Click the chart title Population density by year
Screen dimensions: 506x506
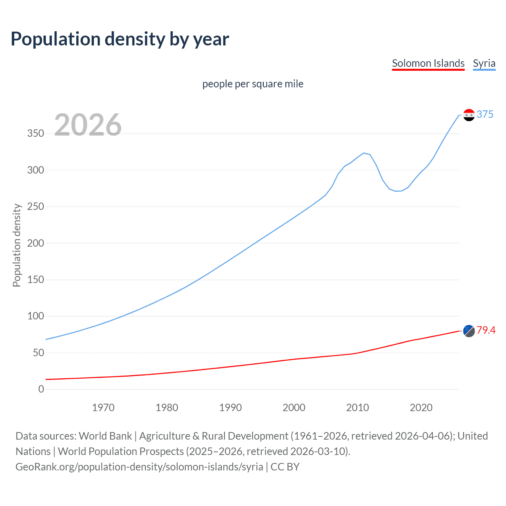[120, 39]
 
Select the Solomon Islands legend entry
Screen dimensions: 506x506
[428, 63]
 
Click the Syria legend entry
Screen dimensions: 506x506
[484, 63]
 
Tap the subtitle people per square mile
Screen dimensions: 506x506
[253, 84]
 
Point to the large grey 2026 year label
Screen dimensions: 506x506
[88, 125]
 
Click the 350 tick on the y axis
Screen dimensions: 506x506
[36, 134]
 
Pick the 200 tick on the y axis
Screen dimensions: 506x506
[36, 243]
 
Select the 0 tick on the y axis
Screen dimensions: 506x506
[41, 389]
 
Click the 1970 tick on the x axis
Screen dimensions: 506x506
[103, 408]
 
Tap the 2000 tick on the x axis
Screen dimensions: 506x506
[294, 408]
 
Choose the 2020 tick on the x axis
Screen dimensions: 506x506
[421, 408]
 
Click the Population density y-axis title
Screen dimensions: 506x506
[17, 245]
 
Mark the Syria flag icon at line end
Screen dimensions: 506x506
[469, 115]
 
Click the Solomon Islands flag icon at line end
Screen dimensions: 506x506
[469, 331]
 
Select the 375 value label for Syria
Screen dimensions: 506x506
[485, 114]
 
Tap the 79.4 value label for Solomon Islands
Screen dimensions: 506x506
[486, 330]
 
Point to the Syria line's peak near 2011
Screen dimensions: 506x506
[364, 153]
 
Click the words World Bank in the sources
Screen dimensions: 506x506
[105, 436]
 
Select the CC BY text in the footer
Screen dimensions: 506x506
[285, 467]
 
